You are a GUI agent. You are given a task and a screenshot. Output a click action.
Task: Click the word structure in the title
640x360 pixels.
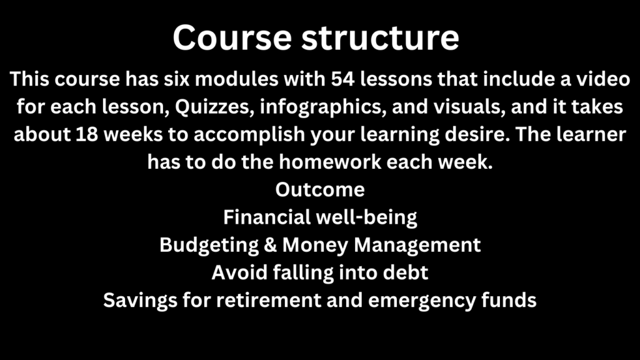[x=381, y=37]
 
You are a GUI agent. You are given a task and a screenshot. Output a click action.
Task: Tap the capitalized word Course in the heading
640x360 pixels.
[x=232, y=37]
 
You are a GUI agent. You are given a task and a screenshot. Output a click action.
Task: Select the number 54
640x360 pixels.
[x=342, y=79]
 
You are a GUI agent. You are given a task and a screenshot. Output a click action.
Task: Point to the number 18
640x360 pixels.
[x=86, y=134]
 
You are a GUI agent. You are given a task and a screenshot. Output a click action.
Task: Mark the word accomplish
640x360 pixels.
[x=249, y=135]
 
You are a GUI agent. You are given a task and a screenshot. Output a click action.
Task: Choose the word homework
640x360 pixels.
[x=330, y=162]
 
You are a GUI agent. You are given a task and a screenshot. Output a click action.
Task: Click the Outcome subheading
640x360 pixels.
[x=320, y=190]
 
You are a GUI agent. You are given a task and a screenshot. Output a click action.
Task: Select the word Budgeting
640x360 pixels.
[x=209, y=246]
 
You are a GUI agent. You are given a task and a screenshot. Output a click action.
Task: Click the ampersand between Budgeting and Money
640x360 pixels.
[x=270, y=245]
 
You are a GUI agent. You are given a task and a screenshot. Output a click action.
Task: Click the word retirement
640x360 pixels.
[x=269, y=301]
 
